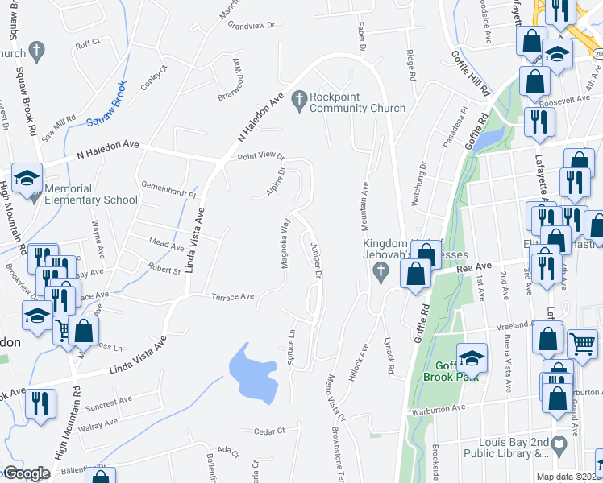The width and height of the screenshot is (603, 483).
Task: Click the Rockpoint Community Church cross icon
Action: pyautogui.click(x=298, y=99)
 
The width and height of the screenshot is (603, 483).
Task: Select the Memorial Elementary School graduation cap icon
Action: pyautogui.click(x=27, y=178)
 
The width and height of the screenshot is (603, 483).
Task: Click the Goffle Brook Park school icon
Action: pyautogui.click(x=472, y=358)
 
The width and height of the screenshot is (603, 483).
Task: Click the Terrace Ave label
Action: pyautogui.click(x=233, y=297)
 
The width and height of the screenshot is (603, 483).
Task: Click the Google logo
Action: pyautogui.click(x=27, y=473)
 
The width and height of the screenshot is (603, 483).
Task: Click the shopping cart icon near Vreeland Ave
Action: pyautogui.click(x=582, y=344)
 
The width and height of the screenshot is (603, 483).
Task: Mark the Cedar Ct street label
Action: pyautogui.click(x=269, y=431)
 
